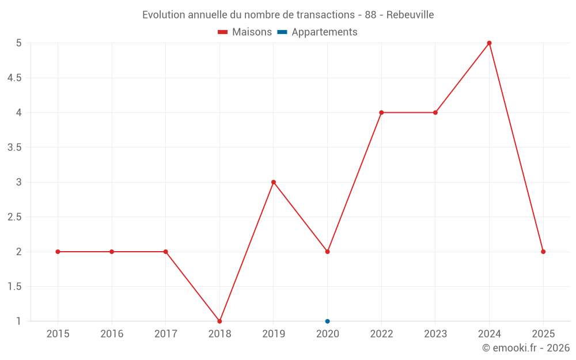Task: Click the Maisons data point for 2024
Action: point(489,43)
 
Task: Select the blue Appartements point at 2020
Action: point(327,321)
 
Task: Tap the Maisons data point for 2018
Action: point(219,321)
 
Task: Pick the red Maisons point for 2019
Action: point(274,182)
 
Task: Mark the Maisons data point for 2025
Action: point(543,252)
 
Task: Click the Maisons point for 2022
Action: point(381,112)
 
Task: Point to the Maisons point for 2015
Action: point(58,252)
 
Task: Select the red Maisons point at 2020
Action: point(327,252)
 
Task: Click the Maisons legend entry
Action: point(245,32)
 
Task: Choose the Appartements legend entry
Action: point(317,32)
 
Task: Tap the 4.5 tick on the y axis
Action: point(14,78)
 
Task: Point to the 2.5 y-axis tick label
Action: point(14,217)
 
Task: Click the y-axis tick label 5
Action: point(18,43)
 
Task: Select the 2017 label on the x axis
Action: point(165,334)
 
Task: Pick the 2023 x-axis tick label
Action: point(435,334)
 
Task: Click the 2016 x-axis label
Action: point(112,334)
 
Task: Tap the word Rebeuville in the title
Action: point(410,14)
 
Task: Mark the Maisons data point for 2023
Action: point(435,112)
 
